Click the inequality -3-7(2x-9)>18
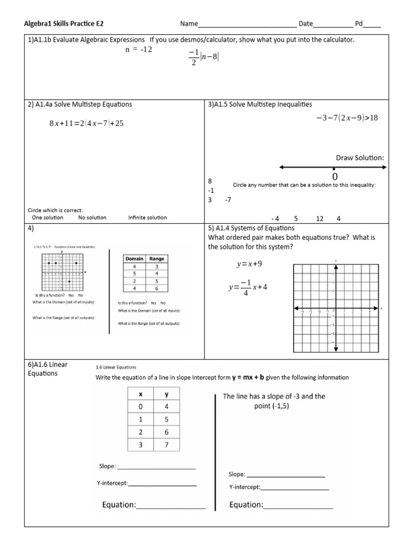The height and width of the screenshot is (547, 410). coord(346,118)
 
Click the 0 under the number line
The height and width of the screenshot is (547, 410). coord(335,177)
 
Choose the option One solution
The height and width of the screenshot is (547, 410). coord(48,217)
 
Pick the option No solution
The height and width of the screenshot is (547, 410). coord(92,217)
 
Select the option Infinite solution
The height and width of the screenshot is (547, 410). coord(147,217)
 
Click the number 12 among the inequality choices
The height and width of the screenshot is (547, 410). coord(320,218)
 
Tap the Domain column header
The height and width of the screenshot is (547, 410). coord(134,259)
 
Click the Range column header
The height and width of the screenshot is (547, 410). coord(156,259)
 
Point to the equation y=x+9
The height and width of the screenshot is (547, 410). coord(249,264)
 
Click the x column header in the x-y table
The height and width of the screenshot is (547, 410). coord(140,395)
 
